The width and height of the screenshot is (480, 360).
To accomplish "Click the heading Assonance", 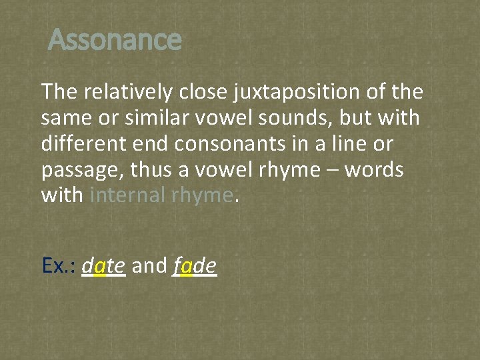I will click(115, 40).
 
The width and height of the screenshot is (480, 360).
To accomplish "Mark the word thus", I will click(153, 170).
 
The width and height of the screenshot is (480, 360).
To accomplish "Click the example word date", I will click(103, 266).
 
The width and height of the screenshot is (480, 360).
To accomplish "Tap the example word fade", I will click(195, 266).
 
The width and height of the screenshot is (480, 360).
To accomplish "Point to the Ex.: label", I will click(59, 266).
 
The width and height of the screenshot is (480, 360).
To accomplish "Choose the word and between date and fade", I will click(149, 266).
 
